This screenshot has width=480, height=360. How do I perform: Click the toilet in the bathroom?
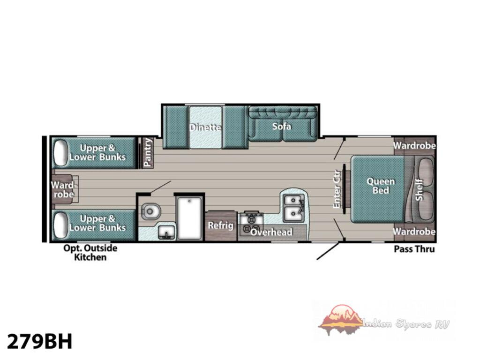click(151, 211)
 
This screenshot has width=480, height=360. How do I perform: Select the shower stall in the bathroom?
click(189, 218)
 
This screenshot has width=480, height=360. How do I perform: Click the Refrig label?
click(221, 225)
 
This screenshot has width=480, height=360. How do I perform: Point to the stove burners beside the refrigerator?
click(251, 223)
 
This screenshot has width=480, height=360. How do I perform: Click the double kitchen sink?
click(293, 208)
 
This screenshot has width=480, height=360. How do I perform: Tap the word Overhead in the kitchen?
click(271, 232)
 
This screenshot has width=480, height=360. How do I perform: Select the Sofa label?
click(282, 126)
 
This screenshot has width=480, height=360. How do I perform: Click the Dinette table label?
click(205, 127)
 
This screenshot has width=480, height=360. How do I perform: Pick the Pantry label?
click(148, 152)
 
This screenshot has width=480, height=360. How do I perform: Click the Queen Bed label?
click(381, 186)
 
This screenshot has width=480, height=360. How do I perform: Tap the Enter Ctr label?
click(337, 189)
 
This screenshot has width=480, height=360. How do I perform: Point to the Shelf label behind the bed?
click(419, 190)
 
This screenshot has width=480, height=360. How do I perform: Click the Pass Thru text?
click(414, 249)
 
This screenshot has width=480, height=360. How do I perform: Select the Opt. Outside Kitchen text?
click(90, 252)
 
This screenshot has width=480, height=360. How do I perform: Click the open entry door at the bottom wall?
click(328, 251)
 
